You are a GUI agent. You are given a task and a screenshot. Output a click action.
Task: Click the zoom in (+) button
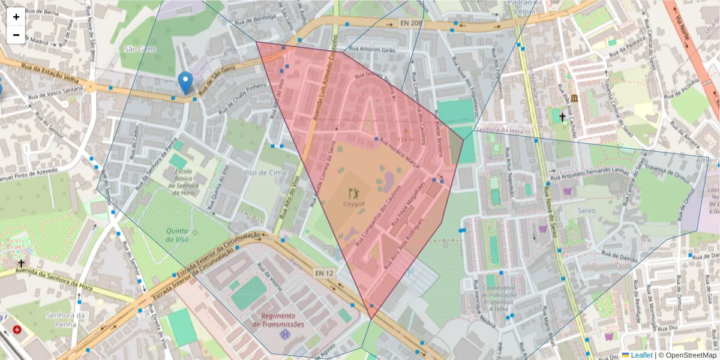(16, 17)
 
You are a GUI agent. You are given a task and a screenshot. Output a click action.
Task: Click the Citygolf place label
(354, 204)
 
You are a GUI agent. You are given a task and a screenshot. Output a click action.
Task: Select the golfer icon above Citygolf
(353, 193)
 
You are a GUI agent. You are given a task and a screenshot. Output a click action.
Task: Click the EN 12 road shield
(324, 273)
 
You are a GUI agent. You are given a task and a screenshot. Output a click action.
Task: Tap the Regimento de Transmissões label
(278, 320)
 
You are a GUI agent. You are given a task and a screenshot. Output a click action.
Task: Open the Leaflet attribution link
(641, 355)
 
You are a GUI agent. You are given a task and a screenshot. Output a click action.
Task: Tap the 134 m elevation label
(406, 139)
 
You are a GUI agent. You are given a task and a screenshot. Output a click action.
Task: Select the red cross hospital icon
(17, 330)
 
